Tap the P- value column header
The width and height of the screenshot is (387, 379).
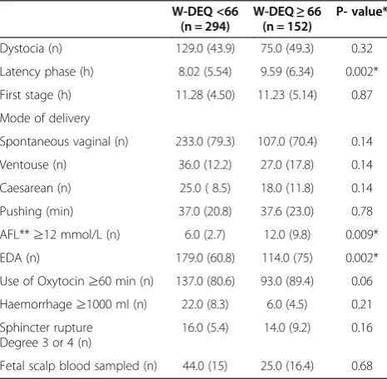[x=361, y=12]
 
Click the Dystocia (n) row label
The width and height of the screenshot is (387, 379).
[x=31, y=49]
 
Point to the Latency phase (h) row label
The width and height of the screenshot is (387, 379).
[x=47, y=72]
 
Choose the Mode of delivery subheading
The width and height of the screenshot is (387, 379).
[x=45, y=119]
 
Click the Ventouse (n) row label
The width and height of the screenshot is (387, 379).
[x=33, y=165]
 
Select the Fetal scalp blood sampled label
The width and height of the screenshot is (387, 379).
[x=78, y=367]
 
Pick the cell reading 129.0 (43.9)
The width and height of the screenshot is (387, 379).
[x=206, y=49]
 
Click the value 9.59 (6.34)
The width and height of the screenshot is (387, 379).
[x=287, y=72]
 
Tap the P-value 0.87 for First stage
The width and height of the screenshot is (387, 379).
[x=362, y=95]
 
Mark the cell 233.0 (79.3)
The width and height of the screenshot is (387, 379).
[x=206, y=142]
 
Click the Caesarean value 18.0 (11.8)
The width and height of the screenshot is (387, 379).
[x=287, y=188]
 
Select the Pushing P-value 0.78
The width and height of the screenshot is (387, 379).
[x=362, y=211]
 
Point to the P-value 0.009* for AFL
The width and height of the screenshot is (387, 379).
[x=362, y=234]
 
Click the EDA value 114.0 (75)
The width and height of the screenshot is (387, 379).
[x=287, y=258]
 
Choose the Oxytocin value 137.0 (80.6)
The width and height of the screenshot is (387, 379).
[x=206, y=281]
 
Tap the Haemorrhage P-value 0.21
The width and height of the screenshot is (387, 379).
[x=362, y=304]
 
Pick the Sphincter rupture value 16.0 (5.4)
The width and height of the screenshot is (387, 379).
[x=206, y=327]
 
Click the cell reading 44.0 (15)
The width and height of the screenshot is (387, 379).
[x=205, y=367]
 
